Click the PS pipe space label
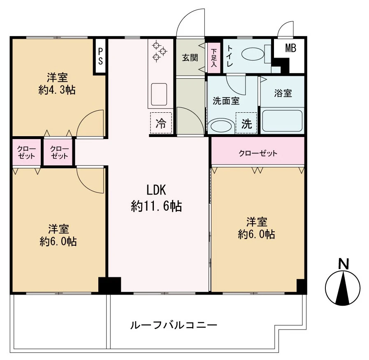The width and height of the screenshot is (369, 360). click(x=100, y=56)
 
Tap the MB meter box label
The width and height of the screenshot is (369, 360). click(x=290, y=48)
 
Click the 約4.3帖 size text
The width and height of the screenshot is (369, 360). click(x=57, y=90)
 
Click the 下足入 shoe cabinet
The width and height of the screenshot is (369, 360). click(x=214, y=58)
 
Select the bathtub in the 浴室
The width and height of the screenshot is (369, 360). click(x=282, y=121)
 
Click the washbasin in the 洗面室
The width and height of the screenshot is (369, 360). click(x=220, y=126)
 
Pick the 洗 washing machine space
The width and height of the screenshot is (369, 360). click(x=246, y=124)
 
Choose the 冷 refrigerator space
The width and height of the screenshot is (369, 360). click(x=160, y=123)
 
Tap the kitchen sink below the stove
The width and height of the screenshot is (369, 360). click(x=159, y=95)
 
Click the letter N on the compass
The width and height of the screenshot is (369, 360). click(x=343, y=263)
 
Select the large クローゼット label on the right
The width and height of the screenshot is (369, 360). click(x=258, y=153)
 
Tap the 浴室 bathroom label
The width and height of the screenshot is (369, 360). click(x=283, y=93)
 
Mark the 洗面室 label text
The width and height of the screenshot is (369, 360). click(x=226, y=100)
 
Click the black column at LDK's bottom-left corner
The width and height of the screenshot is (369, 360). click(x=109, y=285)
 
